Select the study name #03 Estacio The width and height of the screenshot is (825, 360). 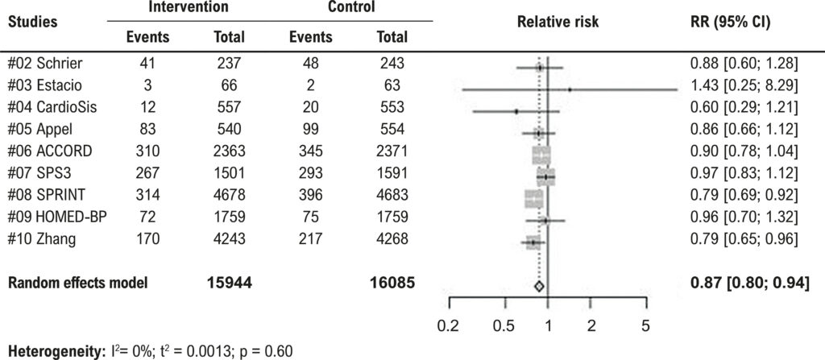pos(45,85)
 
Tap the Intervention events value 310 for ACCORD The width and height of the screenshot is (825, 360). pos(148,151)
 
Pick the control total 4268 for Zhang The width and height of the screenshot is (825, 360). pos(389,239)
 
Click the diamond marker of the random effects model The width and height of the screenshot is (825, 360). pos(538,287)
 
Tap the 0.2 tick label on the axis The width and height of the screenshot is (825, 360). pos(450,326)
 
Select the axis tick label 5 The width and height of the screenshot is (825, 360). pos(645,326)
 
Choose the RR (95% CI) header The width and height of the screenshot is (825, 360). pos(726,23)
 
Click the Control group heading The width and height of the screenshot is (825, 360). pos(351,7)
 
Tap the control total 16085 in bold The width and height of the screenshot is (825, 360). pos(392,283)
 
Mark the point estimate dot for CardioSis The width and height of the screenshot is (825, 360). pos(516,112)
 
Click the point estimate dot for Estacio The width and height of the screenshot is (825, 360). pos(570,90)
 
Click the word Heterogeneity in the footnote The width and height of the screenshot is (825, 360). pos(43,352)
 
